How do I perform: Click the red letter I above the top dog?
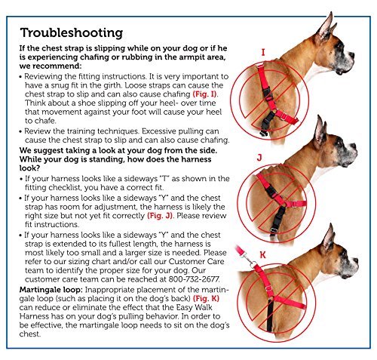pyautogui.click(x=263, y=54)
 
